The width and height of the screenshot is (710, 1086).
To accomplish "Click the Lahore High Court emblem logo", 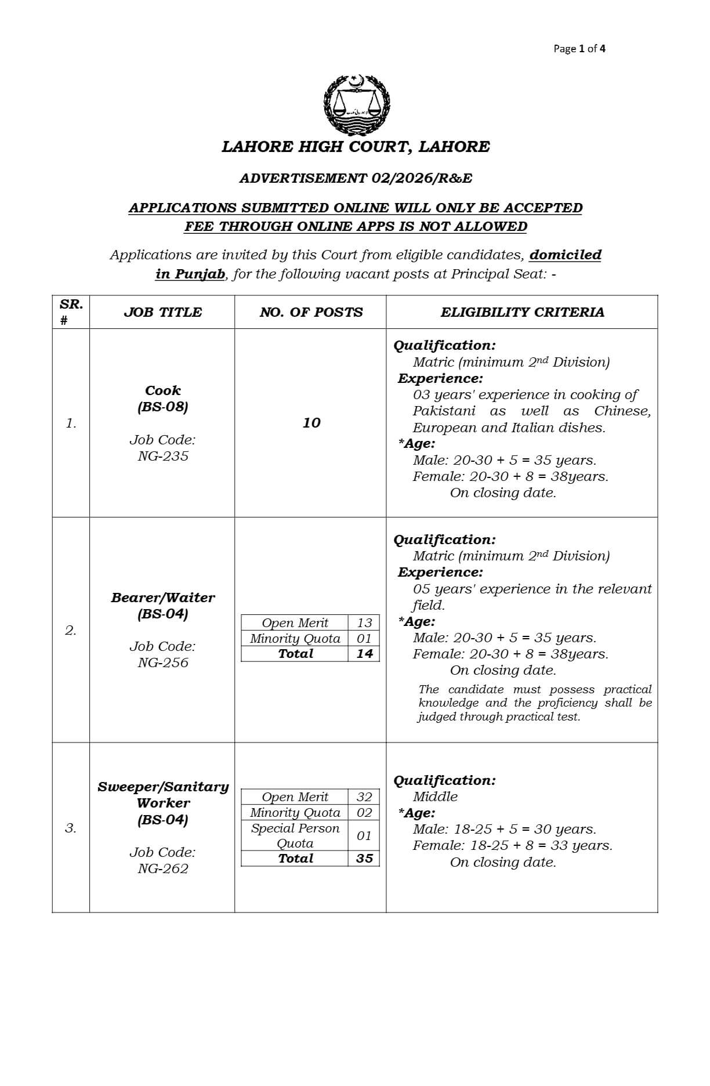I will [356, 105].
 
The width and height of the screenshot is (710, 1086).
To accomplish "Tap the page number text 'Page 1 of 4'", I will [579, 49].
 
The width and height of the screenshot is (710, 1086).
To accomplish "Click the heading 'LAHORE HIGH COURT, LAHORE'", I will [356, 147].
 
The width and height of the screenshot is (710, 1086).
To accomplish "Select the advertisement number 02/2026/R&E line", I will [356, 178].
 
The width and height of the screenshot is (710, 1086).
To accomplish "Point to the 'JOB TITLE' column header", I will [162, 312].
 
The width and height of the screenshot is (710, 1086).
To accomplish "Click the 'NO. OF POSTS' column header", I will [311, 312].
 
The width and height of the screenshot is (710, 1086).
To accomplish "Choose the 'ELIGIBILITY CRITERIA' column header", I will [522, 312].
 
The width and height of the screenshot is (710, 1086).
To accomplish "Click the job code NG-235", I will [163, 456].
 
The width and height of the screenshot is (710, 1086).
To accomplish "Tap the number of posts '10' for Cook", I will [311, 423].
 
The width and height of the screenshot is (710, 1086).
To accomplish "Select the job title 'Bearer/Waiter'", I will [163, 598].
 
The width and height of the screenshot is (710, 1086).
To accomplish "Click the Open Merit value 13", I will [364, 623].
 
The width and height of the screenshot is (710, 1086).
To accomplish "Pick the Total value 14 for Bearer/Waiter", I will [364, 654].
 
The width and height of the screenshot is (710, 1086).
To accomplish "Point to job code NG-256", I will [163, 663].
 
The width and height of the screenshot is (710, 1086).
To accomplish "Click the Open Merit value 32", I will [364, 797].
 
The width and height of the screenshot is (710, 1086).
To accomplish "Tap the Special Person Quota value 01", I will [364, 836].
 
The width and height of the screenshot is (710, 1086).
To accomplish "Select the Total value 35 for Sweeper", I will [364, 859].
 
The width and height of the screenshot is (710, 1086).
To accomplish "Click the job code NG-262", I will [163, 868].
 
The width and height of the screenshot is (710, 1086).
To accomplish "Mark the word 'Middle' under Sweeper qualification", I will [435, 797].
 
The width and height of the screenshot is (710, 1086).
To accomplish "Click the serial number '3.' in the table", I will [71, 828].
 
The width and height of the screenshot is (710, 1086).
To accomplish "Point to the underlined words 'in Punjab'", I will [190, 274].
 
